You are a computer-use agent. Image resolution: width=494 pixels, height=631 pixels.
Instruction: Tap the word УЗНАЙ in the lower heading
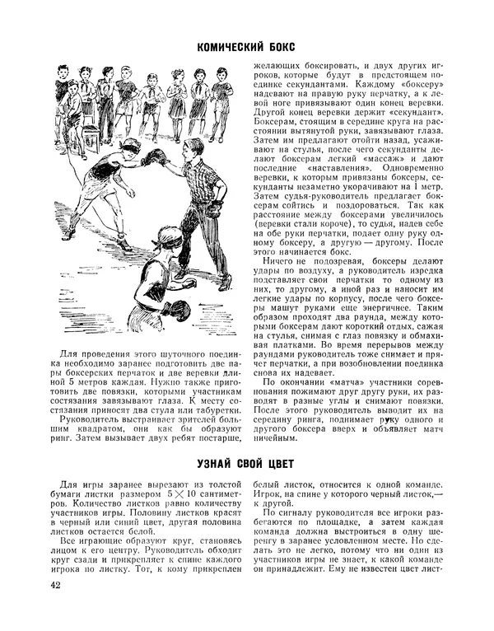click(222, 464)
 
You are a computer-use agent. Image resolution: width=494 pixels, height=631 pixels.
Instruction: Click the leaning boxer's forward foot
click(123, 244)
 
